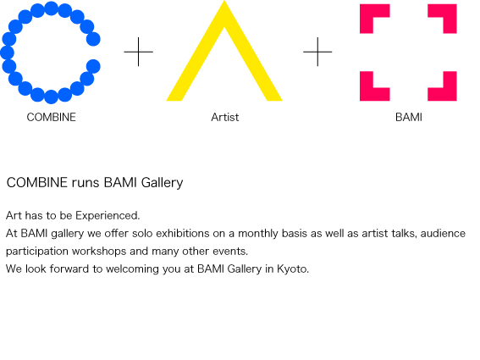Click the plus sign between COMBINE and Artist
click(x=138, y=52)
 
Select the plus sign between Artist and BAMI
click(x=317, y=52)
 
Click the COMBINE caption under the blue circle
click(x=51, y=117)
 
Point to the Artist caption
click(x=225, y=117)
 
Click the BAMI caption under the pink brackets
click(x=409, y=117)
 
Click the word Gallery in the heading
click(x=162, y=183)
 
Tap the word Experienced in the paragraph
click(x=107, y=216)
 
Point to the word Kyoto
click(x=292, y=269)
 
